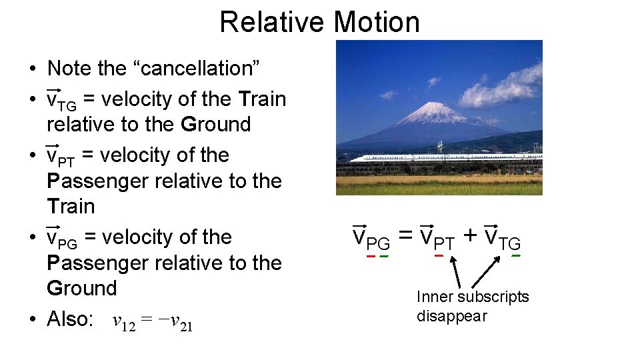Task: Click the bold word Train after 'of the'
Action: pos(261,99)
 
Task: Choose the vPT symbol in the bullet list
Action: pos(61,156)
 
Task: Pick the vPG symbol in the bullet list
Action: pos(61,238)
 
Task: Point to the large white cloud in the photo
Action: pos(503,87)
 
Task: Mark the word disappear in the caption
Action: pos(451,315)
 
